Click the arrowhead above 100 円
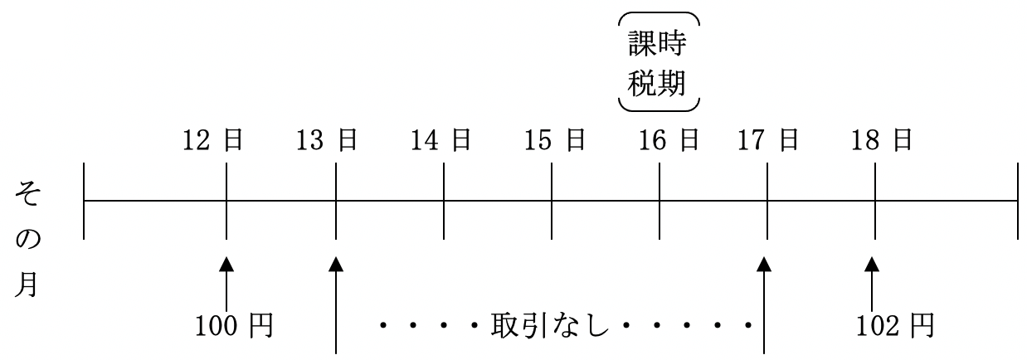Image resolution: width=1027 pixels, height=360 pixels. (226, 264)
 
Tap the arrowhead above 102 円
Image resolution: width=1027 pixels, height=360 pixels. (872, 264)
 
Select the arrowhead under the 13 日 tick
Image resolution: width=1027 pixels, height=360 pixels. (336, 264)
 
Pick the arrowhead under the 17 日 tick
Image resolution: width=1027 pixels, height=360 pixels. (764, 264)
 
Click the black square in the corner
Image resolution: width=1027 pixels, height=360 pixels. (32, 29)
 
